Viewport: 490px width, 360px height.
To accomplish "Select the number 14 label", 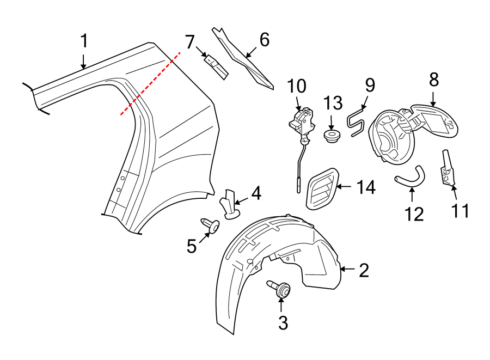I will [x=366, y=188].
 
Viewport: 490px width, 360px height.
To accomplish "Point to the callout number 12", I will [x=414, y=213].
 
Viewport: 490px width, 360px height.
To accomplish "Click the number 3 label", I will [x=283, y=322].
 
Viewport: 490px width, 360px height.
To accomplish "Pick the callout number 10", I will [x=297, y=87].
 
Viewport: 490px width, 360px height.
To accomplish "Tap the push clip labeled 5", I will [x=212, y=225].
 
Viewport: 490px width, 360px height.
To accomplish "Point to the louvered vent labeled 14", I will [x=323, y=188].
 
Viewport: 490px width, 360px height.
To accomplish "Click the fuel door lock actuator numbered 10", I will [x=302, y=123].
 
